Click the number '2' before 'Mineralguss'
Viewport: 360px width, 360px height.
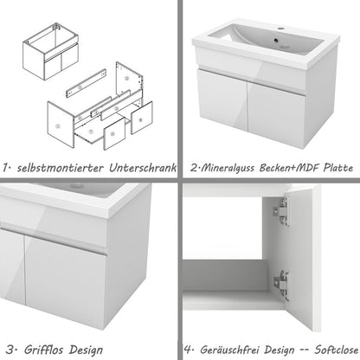[196, 167]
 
